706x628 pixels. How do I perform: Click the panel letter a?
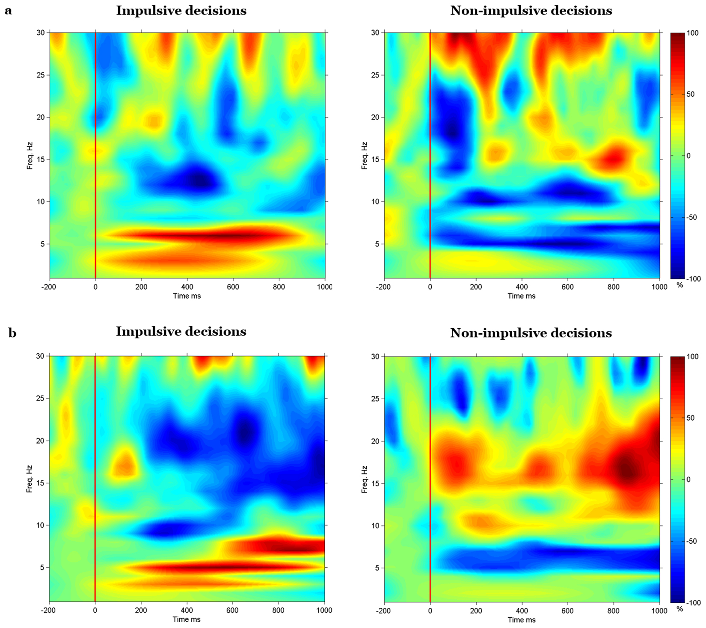coord(8,11)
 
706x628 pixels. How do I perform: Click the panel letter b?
coord(12,332)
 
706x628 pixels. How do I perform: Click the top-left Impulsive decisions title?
coord(181,11)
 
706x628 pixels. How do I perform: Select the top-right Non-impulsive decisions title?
coord(531,11)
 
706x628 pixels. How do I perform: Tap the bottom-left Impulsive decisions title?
coord(181,332)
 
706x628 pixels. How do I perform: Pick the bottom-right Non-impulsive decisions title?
coord(531,333)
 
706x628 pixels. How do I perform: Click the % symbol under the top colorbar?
coord(680,284)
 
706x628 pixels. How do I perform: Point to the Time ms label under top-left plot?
coord(187,296)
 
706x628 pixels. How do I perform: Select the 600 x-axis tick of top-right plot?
coord(567,287)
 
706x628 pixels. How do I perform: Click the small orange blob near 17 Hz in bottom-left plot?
coord(124,464)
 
